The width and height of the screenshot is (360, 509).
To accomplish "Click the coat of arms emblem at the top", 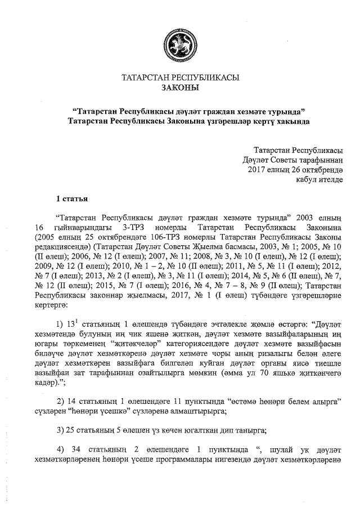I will click(x=179, y=43).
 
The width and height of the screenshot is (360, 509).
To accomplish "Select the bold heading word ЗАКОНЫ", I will click(x=179, y=88).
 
